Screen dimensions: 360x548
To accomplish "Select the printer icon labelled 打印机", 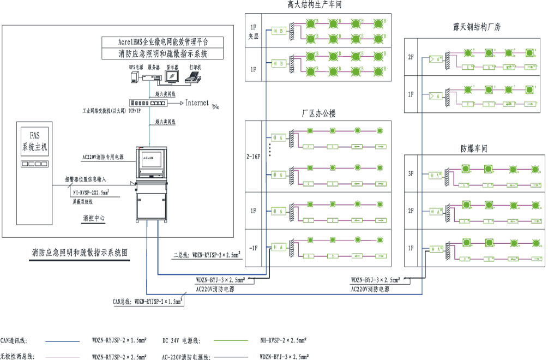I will [195, 76].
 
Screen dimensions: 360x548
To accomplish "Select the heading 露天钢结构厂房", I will [473, 27].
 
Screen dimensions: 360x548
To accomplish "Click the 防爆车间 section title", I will [473, 148].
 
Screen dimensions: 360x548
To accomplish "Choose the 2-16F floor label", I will [254, 156].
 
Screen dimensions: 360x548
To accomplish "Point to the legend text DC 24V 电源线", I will [181, 340].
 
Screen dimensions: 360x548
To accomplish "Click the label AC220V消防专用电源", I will [103, 157].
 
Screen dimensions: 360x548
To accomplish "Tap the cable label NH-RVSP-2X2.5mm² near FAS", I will [91, 192].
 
